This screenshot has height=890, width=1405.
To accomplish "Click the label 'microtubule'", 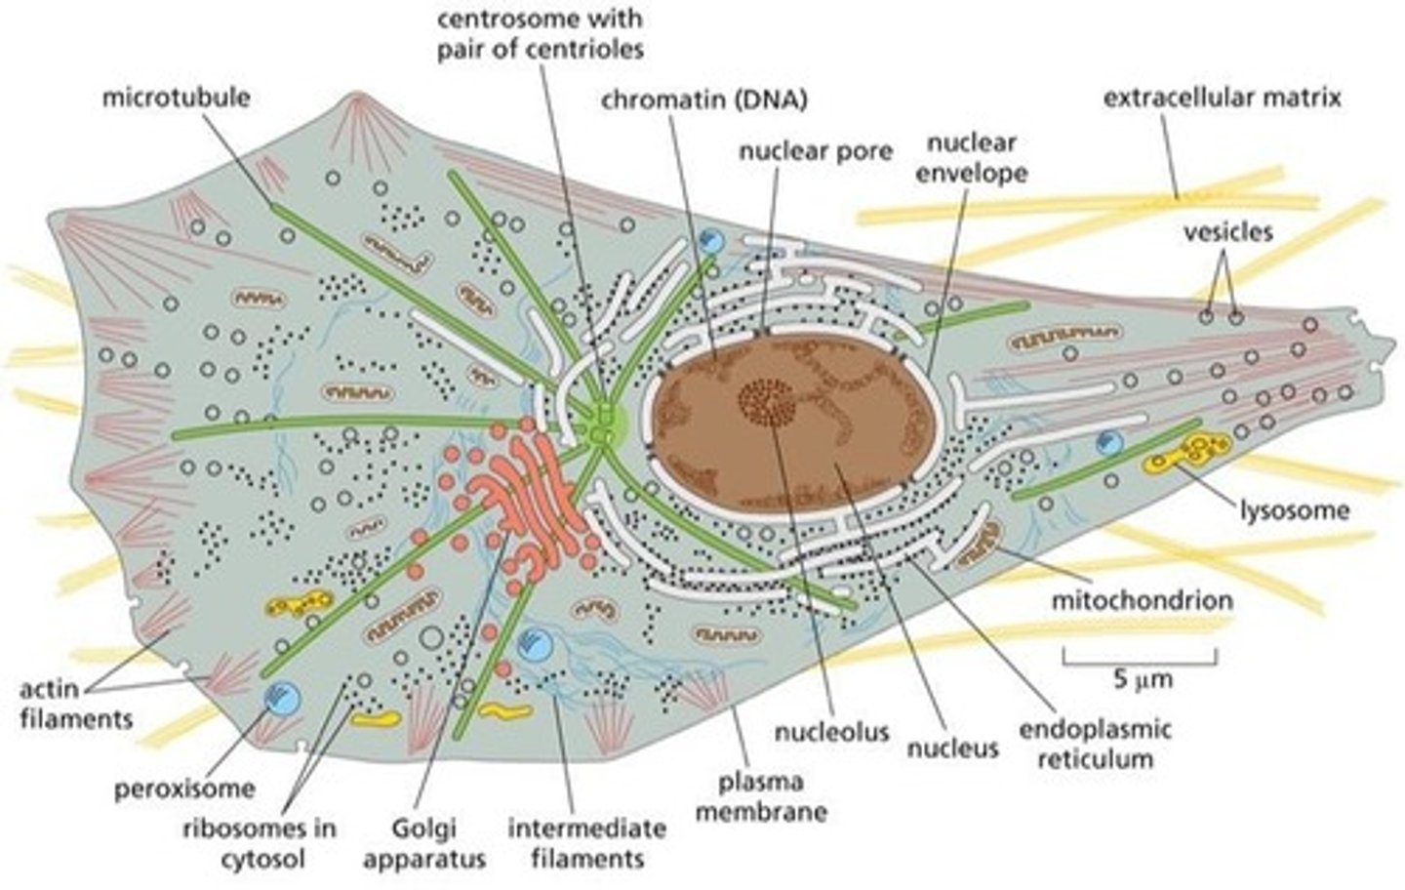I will pos(176,99).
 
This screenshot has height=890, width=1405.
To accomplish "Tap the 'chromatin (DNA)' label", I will pos(704,100).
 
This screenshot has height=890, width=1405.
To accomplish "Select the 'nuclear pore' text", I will pos(816,151).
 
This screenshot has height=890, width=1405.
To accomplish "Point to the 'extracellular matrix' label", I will pos(1222,98).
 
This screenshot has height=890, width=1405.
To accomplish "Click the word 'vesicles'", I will pos(1227,231).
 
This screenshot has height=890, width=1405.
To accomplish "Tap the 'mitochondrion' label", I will pos(1142,598).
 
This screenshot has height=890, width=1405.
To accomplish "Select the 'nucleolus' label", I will pos(831,731).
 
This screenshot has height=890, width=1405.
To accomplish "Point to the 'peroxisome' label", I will pos(184,788).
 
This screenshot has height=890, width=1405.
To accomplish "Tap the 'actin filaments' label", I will pos(75,705).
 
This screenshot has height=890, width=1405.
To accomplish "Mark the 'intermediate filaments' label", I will pos(587,844).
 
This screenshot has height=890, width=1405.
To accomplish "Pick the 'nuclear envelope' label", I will pos(972,158).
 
